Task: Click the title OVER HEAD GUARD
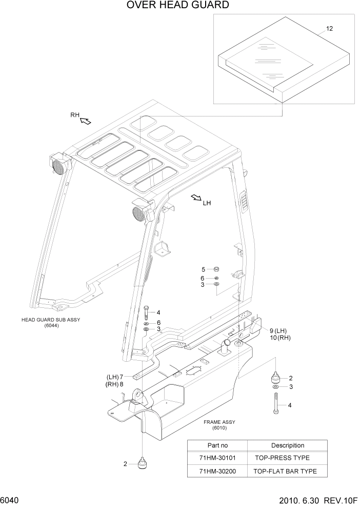170,6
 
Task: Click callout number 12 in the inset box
329,29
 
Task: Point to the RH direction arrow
85,121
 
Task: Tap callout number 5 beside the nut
203,269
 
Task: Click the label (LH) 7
115,376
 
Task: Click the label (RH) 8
115,384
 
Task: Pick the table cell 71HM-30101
217,458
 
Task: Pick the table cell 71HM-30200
217,471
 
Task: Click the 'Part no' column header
217,445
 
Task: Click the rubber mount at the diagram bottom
141,463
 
